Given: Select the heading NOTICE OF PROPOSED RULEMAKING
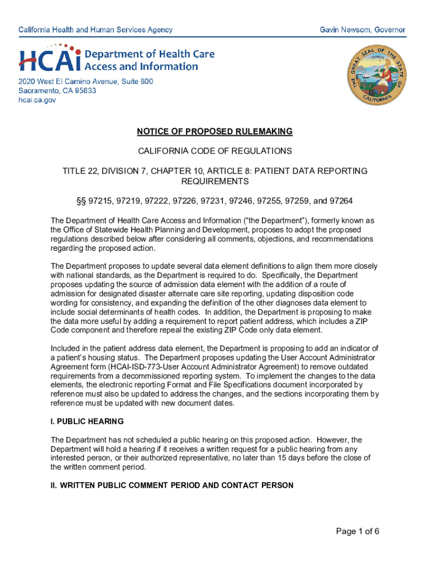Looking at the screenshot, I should click(214, 132).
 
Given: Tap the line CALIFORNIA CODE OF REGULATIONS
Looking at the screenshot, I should click(214, 151).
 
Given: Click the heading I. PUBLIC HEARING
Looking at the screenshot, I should click(87, 421).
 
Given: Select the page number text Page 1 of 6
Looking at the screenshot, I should click(357, 531).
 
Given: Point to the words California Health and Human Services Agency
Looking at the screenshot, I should click(95, 30).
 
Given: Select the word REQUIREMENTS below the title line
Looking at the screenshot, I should click(214, 182).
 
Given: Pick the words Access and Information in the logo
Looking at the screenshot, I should click(141, 66).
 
